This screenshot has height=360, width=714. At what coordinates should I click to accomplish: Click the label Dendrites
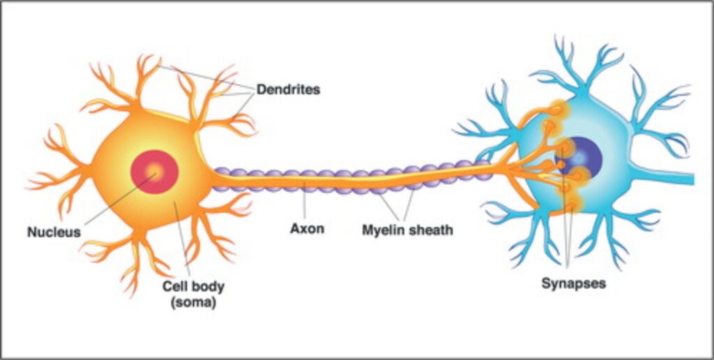pos(288,90)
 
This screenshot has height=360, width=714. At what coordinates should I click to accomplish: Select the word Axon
pos(307,229)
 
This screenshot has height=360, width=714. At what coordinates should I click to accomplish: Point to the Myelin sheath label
pos(407,230)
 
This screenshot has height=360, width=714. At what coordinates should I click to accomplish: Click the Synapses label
pos(574,284)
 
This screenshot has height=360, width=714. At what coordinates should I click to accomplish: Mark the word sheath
pos(431,230)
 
